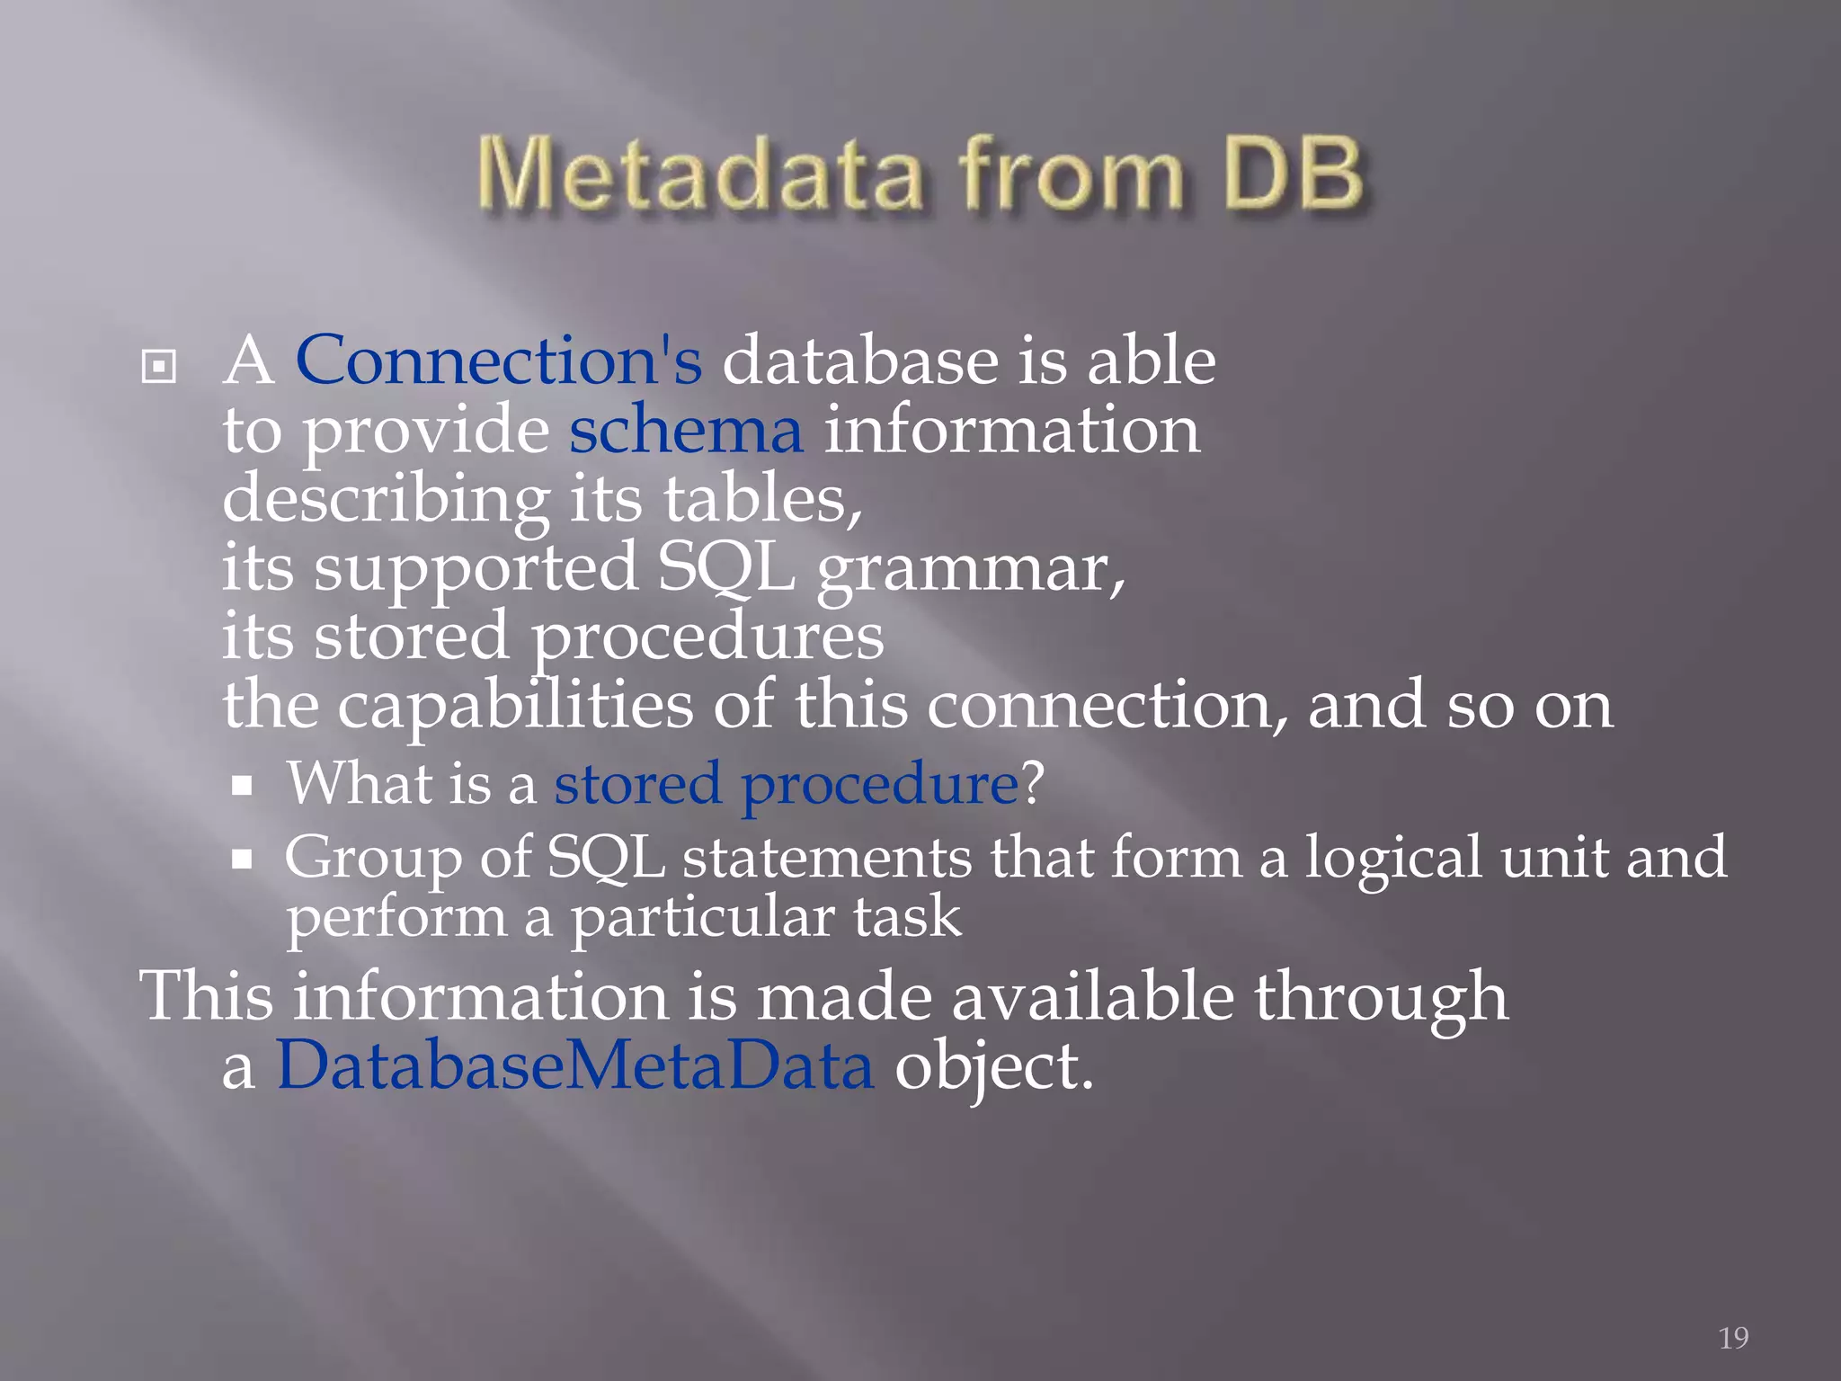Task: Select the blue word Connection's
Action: pos(499,361)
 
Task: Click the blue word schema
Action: pos(686,431)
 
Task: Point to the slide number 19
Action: pos(1733,1338)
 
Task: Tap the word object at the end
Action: pos(993,1067)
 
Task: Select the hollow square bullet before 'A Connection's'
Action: pos(158,366)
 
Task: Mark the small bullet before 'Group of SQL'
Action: pos(242,860)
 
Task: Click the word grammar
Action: pos(970,570)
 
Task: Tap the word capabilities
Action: pos(515,706)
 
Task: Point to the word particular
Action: pos(703,919)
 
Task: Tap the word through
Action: pos(1381,998)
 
